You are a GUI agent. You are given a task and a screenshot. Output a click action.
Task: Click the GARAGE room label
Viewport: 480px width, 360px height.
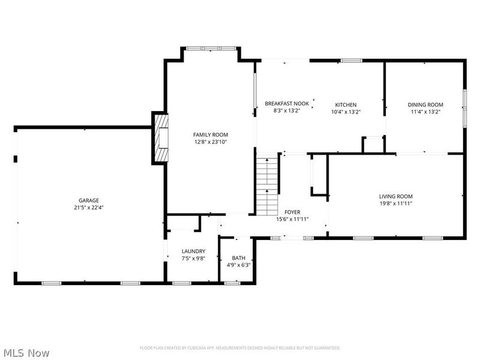(x=88, y=200)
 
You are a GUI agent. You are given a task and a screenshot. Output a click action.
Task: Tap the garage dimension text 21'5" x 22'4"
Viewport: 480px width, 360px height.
(x=88, y=208)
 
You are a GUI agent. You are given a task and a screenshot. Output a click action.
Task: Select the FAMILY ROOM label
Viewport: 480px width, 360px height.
(x=210, y=134)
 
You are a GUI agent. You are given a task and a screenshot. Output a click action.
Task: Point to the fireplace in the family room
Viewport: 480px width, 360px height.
(x=161, y=138)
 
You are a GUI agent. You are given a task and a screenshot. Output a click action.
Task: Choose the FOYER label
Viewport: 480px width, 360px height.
(x=292, y=212)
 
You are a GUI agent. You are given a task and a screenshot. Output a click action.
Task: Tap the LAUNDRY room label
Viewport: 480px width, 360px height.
(x=194, y=251)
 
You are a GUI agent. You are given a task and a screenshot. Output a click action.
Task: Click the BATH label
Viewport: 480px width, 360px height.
(x=239, y=258)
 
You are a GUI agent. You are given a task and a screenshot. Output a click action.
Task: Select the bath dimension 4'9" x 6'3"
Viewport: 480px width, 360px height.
(x=239, y=265)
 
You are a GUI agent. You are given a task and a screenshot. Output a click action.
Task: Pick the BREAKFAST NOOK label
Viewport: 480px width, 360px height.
(x=287, y=104)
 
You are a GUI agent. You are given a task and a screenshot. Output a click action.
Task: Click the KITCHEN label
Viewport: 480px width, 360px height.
(x=346, y=104)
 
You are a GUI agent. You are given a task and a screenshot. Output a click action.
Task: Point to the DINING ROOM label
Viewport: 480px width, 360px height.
(x=425, y=104)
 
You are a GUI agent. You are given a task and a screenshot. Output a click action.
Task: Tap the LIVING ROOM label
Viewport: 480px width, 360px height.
(x=395, y=196)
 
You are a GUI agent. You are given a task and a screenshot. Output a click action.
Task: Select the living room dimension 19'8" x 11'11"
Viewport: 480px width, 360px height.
(x=395, y=203)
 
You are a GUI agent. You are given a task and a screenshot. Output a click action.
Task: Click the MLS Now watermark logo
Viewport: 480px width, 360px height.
(x=26, y=353)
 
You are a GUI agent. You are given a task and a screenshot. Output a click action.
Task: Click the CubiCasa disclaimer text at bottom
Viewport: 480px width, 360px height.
(x=240, y=348)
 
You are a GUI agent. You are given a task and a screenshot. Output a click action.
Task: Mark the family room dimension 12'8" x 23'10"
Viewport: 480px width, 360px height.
(x=210, y=142)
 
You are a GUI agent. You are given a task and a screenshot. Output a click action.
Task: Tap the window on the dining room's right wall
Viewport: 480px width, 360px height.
(x=464, y=107)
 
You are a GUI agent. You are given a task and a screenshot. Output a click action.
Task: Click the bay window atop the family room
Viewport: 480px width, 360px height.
(x=211, y=48)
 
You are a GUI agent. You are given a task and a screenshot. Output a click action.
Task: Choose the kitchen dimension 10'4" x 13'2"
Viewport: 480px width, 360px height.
(x=346, y=112)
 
